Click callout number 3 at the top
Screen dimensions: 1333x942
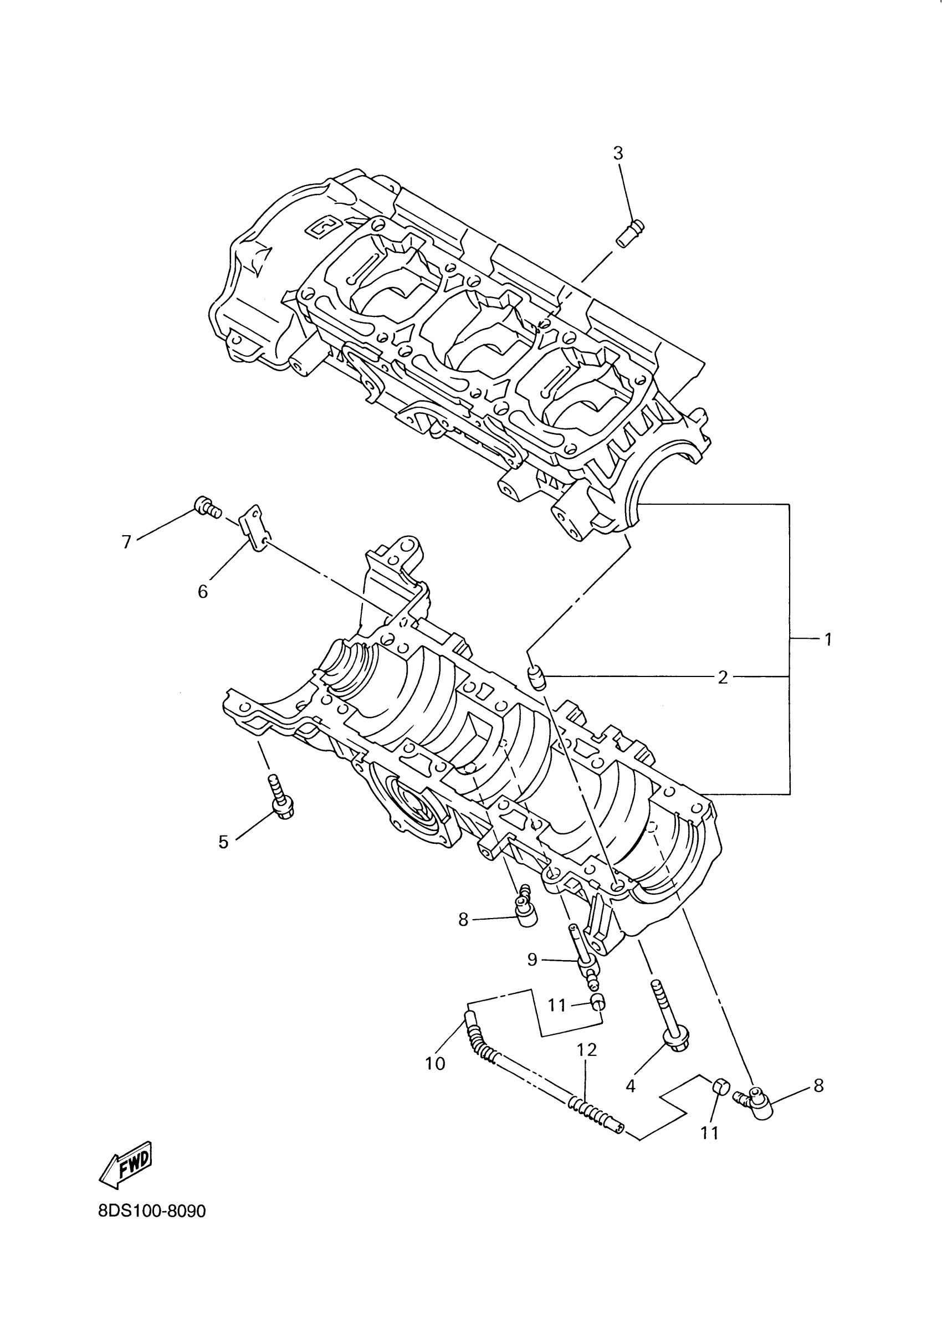click(x=618, y=153)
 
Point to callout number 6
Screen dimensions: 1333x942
click(x=203, y=592)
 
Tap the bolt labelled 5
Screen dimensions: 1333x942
click(x=280, y=798)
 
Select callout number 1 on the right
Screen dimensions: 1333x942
click(x=828, y=639)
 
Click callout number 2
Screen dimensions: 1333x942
click(x=723, y=677)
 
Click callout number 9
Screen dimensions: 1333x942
click(x=533, y=959)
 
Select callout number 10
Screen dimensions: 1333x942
click(x=435, y=1063)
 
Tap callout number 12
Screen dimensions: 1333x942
click(x=587, y=1049)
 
